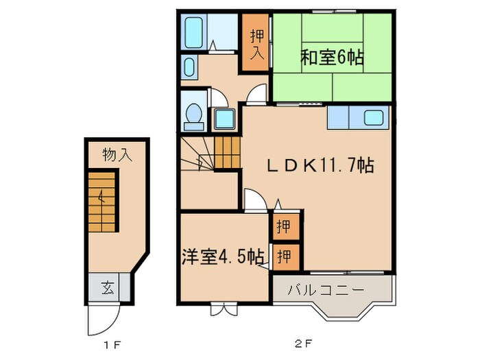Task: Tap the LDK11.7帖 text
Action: [x=320, y=166]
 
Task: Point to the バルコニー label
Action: [x=330, y=290]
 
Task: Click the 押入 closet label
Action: [x=255, y=45]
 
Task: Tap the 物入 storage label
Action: [x=117, y=155]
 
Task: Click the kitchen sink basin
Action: [x=374, y=117]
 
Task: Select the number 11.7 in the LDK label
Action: [x=345, y=166]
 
